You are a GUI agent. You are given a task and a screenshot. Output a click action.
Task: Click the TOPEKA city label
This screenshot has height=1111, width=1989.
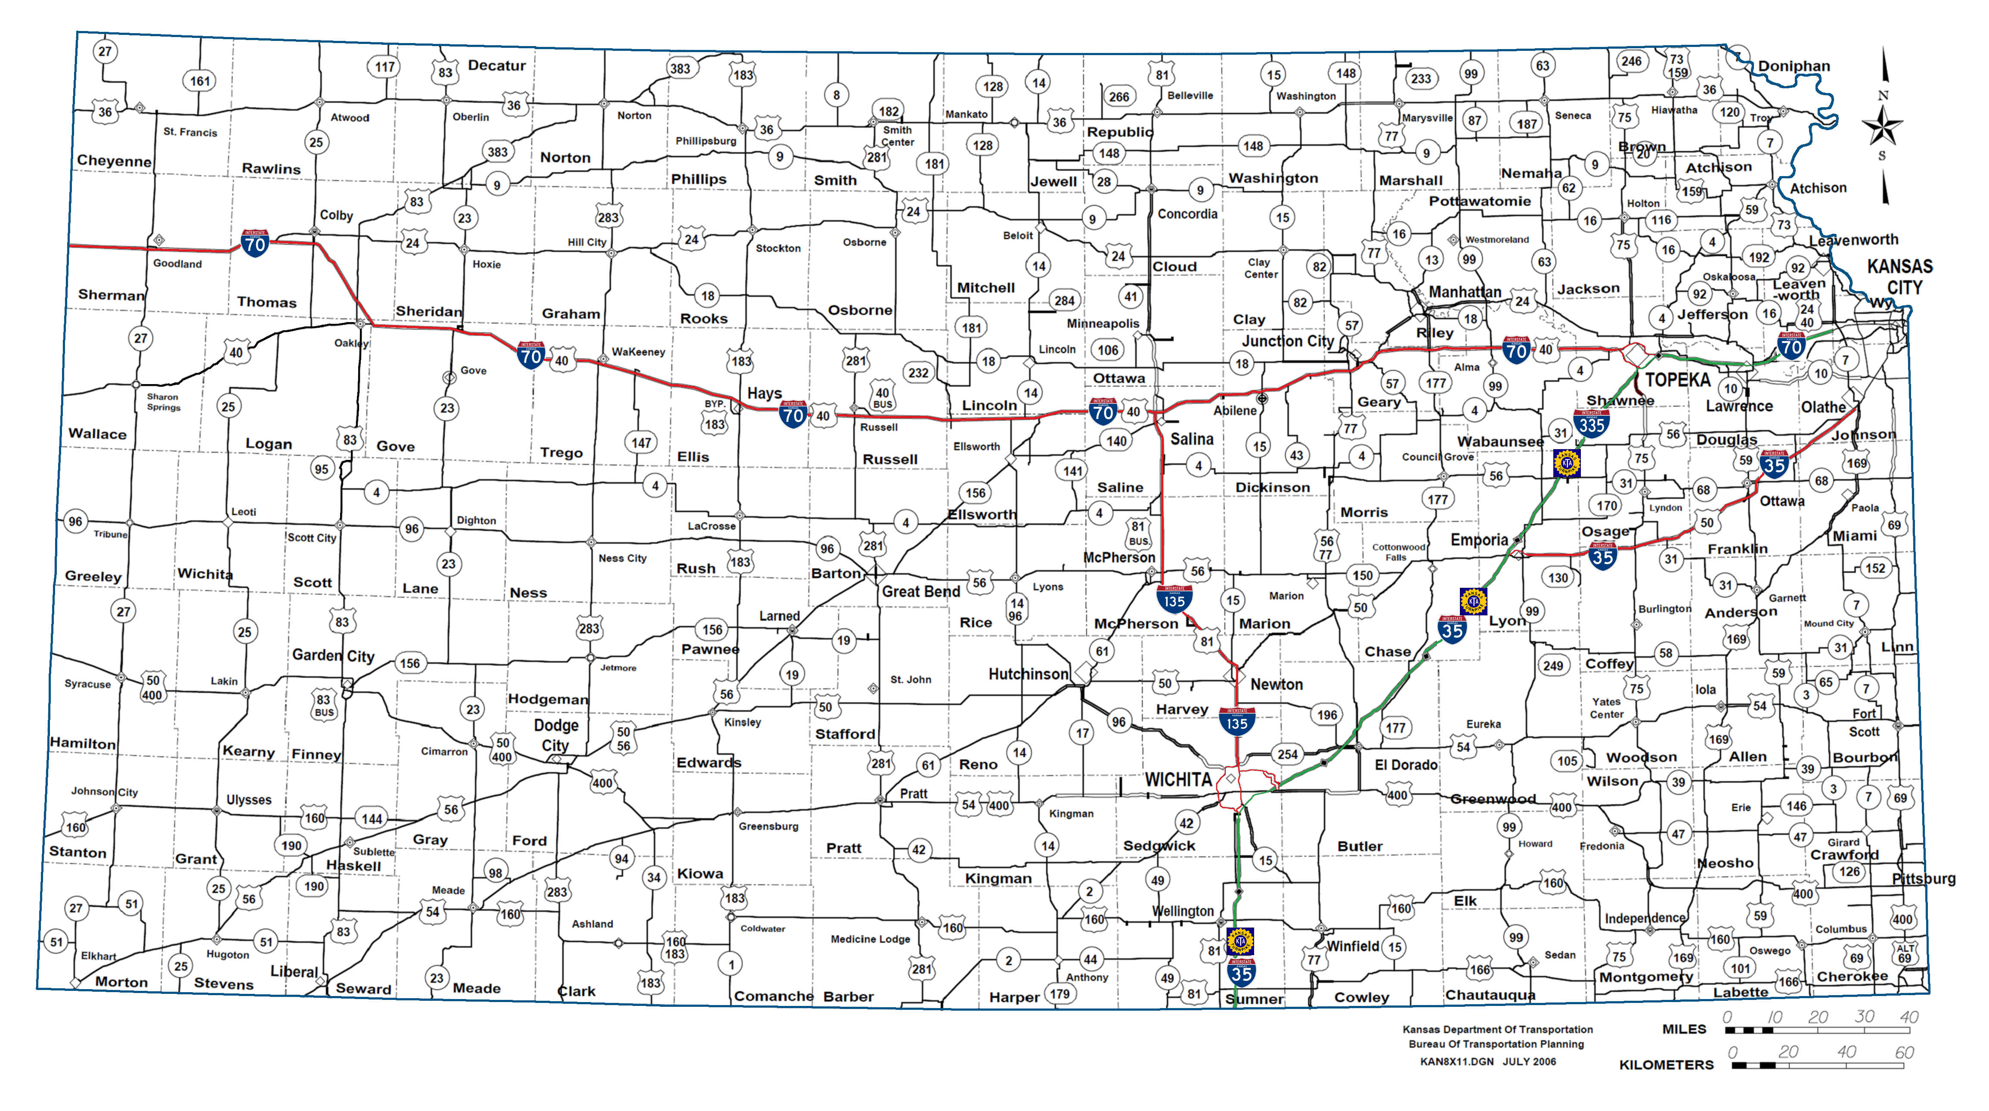coord(1677,380)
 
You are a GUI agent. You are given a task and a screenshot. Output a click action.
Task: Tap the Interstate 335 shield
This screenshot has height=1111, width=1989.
coord(1591,423)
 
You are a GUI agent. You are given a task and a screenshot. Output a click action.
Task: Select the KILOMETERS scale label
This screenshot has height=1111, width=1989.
coord(1666,1064)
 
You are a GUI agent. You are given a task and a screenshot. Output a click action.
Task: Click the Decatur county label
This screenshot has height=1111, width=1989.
coord(496,65)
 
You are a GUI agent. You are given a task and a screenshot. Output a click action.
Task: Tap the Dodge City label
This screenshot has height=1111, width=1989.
coord(556,735)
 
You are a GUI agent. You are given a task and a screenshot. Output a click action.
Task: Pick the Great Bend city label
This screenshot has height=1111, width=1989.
coord(920,591)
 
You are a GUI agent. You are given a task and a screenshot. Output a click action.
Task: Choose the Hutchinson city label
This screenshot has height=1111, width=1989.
coord(1028,674)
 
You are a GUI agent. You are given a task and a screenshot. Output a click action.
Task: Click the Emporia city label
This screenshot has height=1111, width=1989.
coord(1479,540)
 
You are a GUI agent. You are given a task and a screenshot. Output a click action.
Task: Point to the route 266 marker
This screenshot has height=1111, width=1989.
coord(1119,96)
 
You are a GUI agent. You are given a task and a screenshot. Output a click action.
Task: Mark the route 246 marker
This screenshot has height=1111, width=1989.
coord(1631,61)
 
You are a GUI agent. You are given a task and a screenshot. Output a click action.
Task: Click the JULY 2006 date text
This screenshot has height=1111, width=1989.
coord(1529,1061)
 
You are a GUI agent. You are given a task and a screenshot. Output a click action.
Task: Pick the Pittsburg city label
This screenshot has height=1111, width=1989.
coord(1924,878)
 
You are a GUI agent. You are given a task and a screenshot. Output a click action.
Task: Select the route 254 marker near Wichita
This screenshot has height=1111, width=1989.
coord(1287,754)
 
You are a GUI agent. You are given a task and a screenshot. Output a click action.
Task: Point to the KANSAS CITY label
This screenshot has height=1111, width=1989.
coord(1899,276)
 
